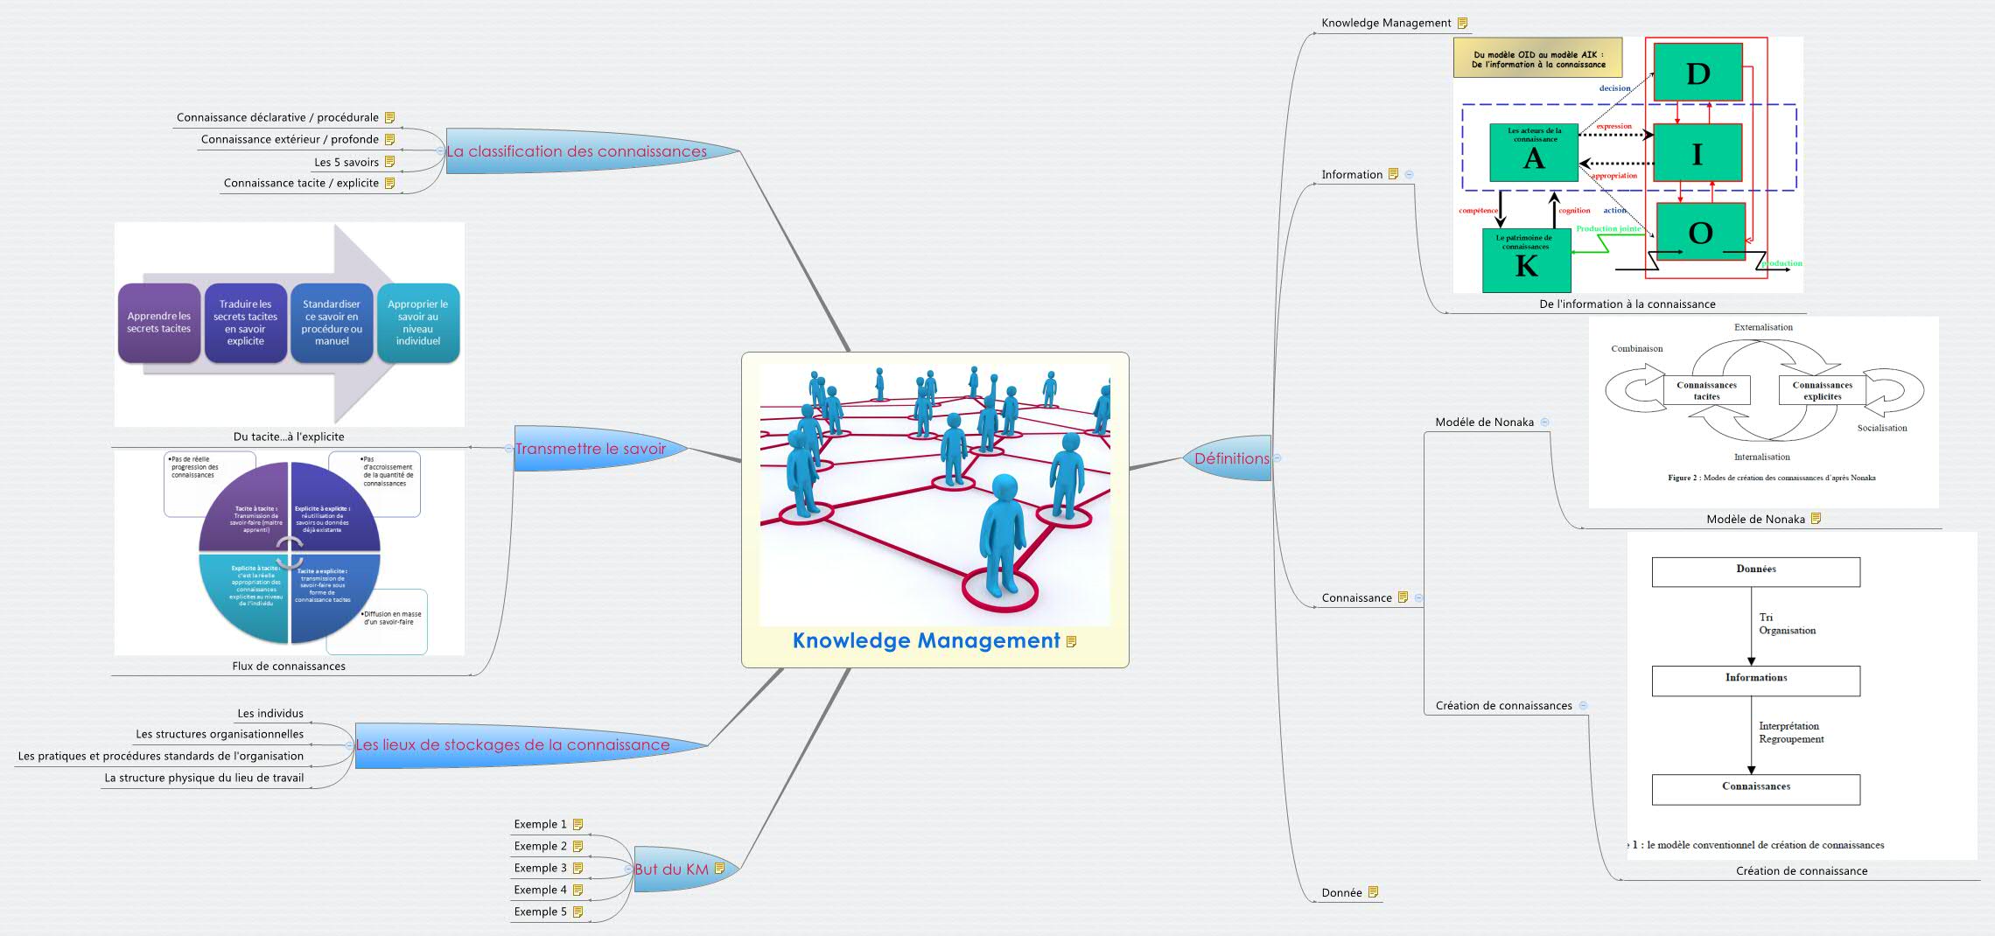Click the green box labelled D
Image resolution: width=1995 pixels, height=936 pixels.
[1697, 73]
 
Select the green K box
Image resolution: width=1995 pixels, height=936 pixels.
[1526, 261]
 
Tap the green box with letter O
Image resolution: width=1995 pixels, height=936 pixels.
[1700, 232]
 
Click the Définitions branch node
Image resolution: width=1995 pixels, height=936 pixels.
[1231, 458]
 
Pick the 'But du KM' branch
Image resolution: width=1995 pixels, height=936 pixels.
[672, 869]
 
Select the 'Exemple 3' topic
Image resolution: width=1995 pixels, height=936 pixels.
[540, 868]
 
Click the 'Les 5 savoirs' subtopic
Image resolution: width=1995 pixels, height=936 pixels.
[346, 162]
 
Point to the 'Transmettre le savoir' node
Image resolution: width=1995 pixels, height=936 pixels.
[591, 449]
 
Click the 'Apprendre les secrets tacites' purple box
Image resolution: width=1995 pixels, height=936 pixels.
[158, 322]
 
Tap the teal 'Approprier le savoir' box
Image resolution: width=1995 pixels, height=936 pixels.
[417, 322]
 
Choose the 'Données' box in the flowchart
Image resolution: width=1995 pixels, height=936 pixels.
[1755, 572]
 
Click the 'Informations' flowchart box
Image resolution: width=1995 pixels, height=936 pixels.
[1755, 681]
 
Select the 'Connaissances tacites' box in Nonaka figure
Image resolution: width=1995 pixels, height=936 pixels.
[1706, 390]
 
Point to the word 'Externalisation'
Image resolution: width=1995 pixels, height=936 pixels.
[1763, 327]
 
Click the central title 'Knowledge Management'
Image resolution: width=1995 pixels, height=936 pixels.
[926, 640]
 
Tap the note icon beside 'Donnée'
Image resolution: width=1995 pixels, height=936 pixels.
[1373, 892]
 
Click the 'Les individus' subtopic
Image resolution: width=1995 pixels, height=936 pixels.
[270, 713]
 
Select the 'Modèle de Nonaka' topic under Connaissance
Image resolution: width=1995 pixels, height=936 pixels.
[1484, 422]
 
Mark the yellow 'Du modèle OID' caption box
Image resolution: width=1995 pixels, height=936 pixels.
[1537, 59]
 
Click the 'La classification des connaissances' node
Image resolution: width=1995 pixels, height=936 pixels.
[577, 151]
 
